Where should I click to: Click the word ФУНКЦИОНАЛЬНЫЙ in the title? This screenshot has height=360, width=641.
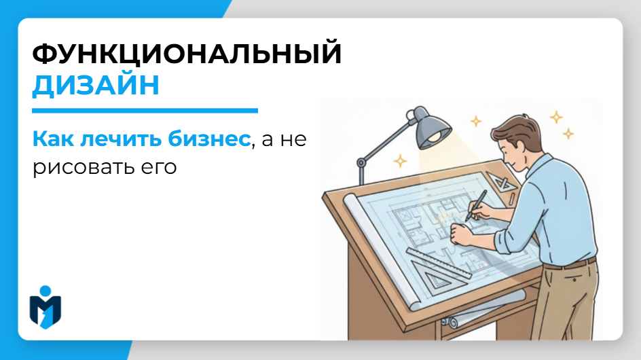[187, 54]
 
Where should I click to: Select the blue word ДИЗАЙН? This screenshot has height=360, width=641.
[96, 86]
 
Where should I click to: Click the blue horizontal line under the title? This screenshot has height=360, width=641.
[145, 110]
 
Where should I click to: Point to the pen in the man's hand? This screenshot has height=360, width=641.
[478, 204]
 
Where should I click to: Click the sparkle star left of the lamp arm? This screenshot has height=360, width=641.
[401, 161]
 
